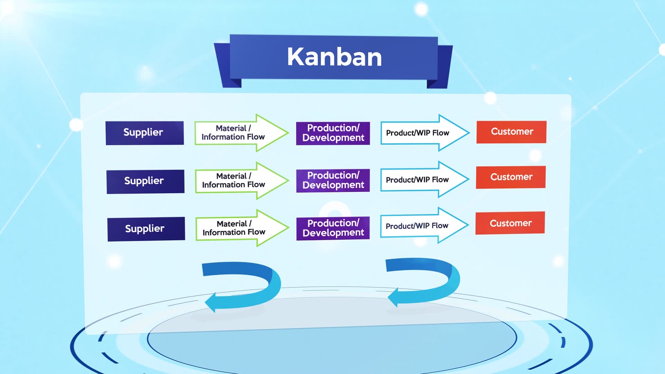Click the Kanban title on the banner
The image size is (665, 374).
334,57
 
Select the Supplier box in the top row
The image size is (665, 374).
145,133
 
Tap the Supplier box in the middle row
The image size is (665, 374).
145,181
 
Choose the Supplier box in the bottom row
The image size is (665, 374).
146,229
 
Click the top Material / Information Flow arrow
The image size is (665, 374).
242,133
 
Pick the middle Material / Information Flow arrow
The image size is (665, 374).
242,180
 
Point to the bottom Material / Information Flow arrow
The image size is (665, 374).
242,228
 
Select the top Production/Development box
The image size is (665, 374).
333,133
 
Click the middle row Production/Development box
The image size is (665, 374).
333,180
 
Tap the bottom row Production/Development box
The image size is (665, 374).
333,228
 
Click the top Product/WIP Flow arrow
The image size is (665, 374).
425,133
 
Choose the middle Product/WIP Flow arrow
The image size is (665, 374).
425,179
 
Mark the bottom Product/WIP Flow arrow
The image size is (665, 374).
424,225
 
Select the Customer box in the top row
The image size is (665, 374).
512,132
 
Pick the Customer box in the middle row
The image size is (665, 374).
511,177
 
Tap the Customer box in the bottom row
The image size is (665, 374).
510,223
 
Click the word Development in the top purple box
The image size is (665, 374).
333,138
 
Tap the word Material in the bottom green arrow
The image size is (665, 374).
232,224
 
